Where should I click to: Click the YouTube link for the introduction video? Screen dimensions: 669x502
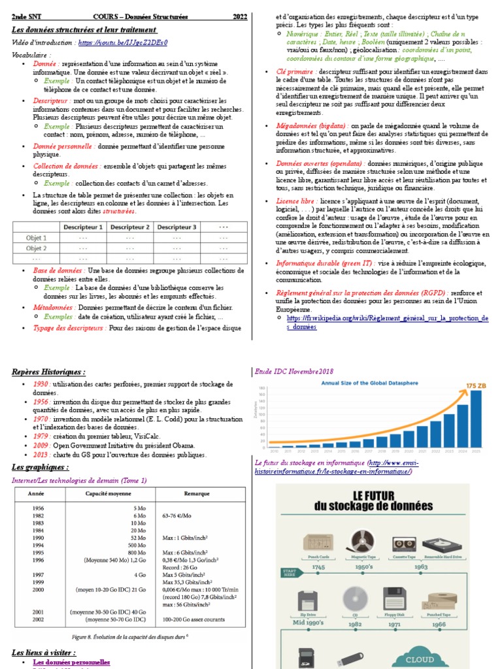[122, 42]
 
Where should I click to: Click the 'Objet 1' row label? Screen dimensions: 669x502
[36, 238]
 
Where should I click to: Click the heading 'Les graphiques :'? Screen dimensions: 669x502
[40, 467]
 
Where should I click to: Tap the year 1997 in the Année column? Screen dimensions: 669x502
[39, 574]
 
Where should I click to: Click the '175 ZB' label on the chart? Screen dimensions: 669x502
[476, 386]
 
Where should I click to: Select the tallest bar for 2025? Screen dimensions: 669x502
[477, 418]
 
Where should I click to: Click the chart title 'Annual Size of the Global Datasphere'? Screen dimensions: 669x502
[373, 383]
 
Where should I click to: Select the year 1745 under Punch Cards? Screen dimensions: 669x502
[318, 568]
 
